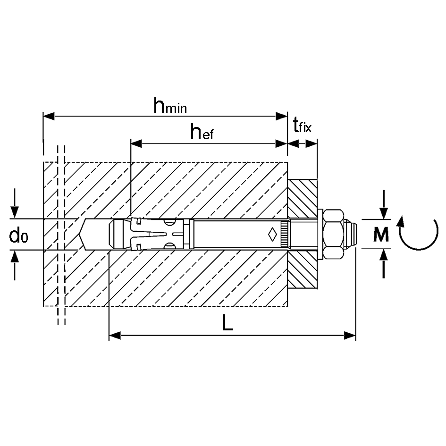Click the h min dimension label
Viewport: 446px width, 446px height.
(x=170, y=106)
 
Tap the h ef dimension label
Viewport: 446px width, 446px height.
(x=202, y=133)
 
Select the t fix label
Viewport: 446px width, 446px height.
(x=303, y=126)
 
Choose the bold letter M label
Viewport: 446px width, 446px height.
(x=381, y=235)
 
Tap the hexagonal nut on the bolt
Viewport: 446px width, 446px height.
(x=334, y=234)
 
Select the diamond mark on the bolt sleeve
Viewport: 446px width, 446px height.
(x=272, y=234)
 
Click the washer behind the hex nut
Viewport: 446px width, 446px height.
(x=320, y=235)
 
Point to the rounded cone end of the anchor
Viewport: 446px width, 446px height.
(x=116, y=234)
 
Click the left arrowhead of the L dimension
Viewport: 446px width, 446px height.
(x=115, y=336)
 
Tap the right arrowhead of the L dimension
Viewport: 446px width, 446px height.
(x=350, y=336)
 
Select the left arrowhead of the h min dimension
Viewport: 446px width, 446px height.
(x=49, y=116)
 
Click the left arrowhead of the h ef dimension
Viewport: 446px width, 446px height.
(x=136, y=143)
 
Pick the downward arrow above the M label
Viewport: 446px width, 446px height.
(x=384, y=204)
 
